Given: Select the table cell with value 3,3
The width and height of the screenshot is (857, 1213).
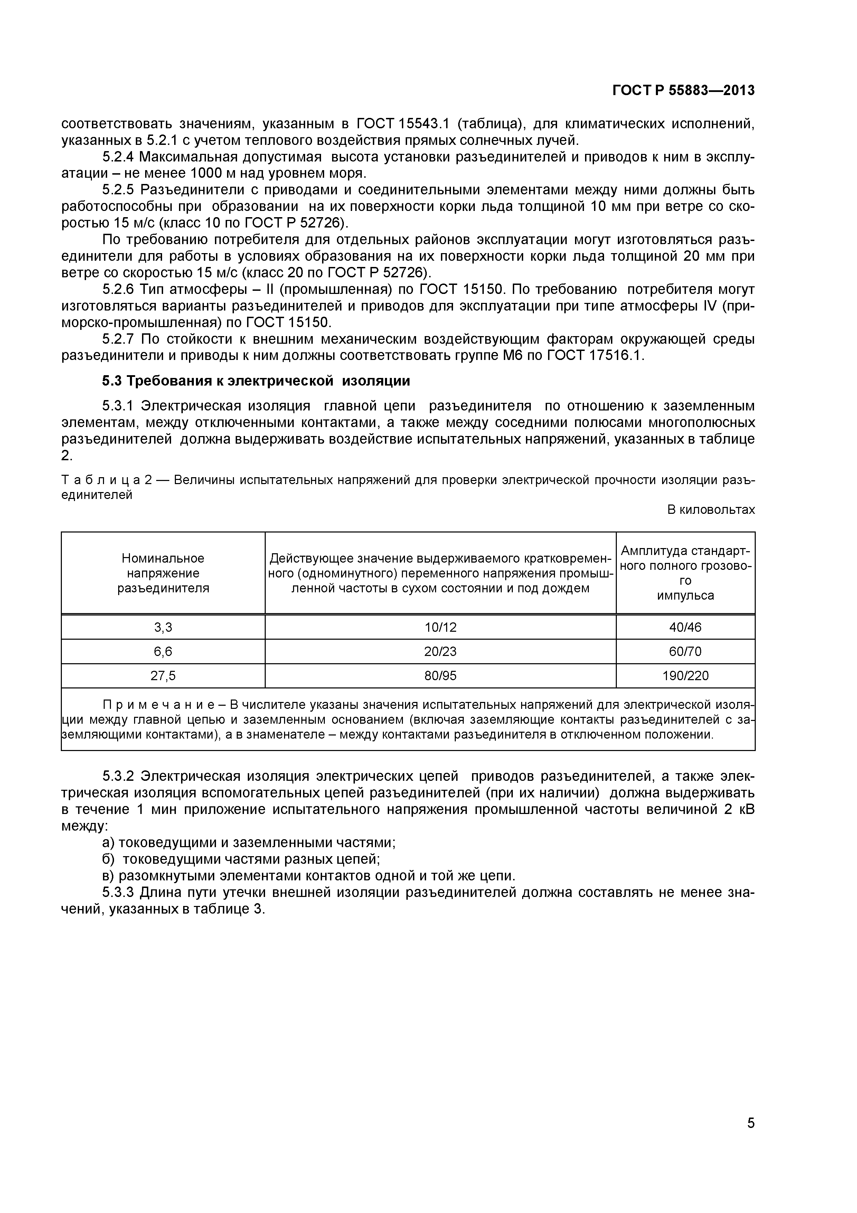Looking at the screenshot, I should click(163, 627).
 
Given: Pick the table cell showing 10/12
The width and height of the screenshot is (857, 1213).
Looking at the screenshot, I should click(440, 627).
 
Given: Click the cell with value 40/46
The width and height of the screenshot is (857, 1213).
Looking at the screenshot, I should click(685, 627).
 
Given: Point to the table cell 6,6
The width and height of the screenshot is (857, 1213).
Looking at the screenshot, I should click(163, 651).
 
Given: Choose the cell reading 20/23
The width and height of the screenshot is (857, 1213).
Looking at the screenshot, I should click(440, 651).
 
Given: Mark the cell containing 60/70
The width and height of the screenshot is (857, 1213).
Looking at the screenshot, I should click(685, 651).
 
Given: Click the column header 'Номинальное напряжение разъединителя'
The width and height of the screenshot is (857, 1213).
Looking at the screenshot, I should click(163, 573).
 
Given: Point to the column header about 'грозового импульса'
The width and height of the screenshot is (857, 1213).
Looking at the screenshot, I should click(685, 573).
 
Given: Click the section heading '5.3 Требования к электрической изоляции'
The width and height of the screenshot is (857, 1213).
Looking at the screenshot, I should click(256, 381).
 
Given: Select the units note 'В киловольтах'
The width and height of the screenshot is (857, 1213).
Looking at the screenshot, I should click(711, 510).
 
